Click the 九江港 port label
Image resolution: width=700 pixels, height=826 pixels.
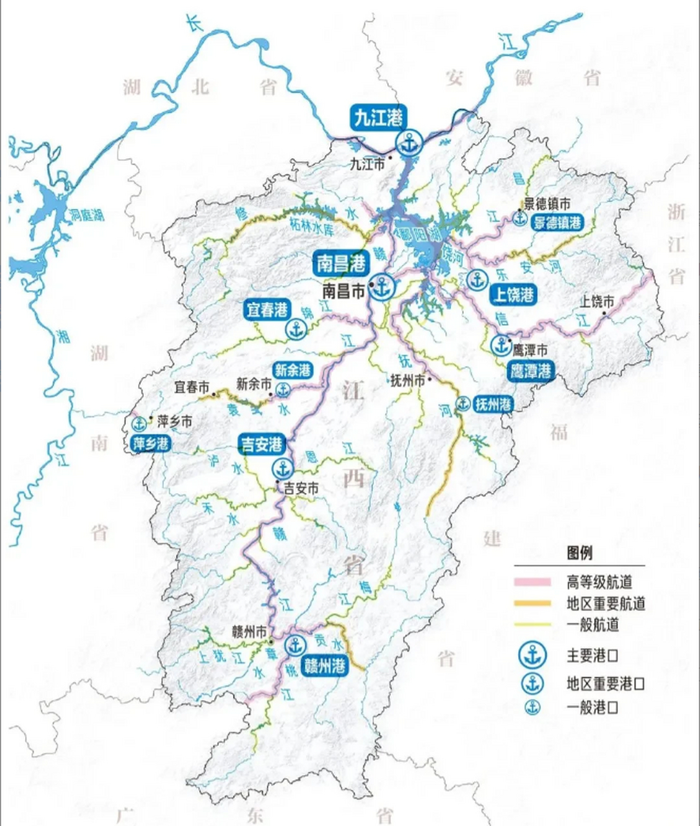pyautogui.click(x=379, y=117)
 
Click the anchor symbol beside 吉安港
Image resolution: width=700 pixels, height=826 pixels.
pyautogui.click(x=282, y=468)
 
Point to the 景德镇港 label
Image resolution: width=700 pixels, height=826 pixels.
pyautogui.click(x=557, y=223)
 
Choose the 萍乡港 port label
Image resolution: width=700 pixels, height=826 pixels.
pyautogui.click(x=150, y=443)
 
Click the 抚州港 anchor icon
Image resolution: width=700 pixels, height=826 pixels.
pyautogui.click(x=463, y=404)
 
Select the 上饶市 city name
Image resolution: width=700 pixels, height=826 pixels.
pyautogui.click(x=597, y=301)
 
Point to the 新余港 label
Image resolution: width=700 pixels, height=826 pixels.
pyautogui.click(x=293, y=370)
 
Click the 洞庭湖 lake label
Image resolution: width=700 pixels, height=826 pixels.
pyautogui.click(x=87, y=214)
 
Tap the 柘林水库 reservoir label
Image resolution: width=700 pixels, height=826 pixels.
pyautogui.click(x=311, y=227)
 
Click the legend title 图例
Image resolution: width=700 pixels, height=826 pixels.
pyautogui.click(x=579, y=553)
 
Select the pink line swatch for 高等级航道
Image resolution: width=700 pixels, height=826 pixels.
pyautogui.click(x=532, y=583)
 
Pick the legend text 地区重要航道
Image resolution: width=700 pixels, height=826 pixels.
pyautogui.click(x=606, y=604)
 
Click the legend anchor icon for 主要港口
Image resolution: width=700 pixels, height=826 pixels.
pyautogui.click(x=532, y=656)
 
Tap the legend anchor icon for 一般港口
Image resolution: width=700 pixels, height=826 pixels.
pyautogui.click(x=532, y=707)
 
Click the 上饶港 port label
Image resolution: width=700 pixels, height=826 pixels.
pyautogui.click(x=514, y=294)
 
